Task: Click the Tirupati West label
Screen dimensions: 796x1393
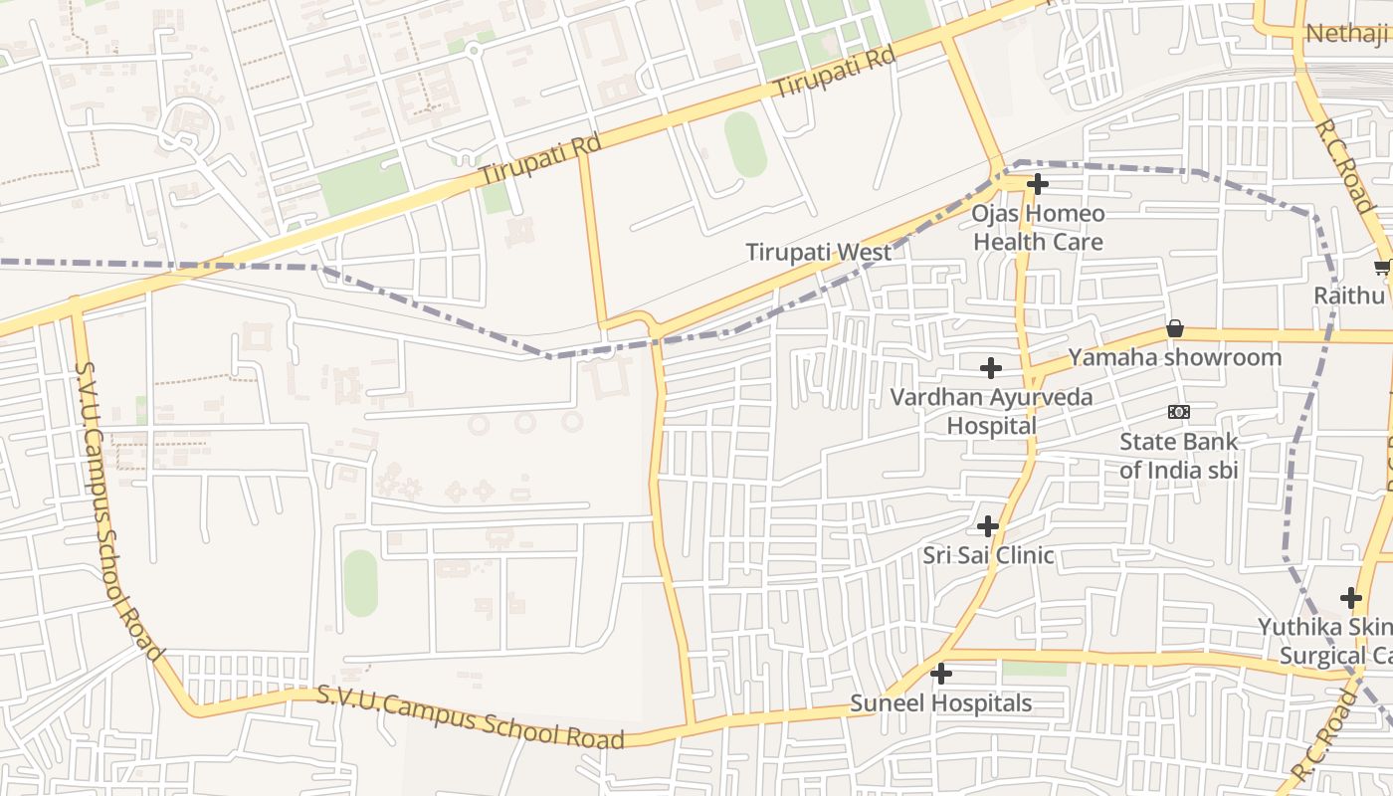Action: (x=819, y=253)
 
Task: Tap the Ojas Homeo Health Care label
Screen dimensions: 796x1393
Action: (x=1038, y=228)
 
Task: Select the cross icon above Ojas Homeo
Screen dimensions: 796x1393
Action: (x=1038, y=184)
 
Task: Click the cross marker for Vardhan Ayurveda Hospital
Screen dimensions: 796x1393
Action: (x=991, y=368)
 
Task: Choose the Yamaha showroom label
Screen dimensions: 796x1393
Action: (x=1174, y=357)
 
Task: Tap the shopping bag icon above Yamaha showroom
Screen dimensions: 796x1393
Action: (x=1175, y=328)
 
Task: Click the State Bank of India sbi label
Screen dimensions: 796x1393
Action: (x=1178, y=456)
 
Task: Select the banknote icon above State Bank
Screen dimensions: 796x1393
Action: (x=1178, y=412)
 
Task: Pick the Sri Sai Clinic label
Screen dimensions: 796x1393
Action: (x=988, y=555)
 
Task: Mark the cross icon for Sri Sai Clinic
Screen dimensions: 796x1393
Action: (x=988, y=526)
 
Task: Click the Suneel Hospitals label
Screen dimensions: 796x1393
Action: (x=940, y=703)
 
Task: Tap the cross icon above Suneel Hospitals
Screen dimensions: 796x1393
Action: (x=940, y=675)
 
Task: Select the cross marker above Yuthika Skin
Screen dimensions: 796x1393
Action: (x=1350, y=598)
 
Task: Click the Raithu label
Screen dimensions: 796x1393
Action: (x=1349, y=296)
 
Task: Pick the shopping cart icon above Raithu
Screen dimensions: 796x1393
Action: (x=1382, y=267)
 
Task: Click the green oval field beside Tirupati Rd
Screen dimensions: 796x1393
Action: (x=745, y=144)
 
